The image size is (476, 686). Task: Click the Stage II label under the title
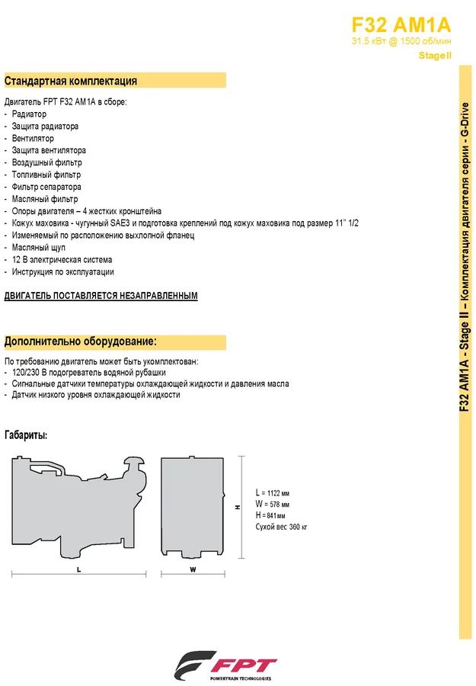click(436, 56)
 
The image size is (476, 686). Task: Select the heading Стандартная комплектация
click(71, 81)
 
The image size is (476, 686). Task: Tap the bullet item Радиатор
click(29, 114)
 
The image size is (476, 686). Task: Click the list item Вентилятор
click(34, 138)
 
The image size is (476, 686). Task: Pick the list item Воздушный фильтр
click(47, 162)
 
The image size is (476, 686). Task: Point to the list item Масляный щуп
click(40, 248)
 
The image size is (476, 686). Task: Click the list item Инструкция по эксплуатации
click(63, 272)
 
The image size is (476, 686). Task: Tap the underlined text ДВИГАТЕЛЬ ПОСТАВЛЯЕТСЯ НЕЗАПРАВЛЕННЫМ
click(101, 296)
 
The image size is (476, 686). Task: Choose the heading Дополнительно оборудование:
click(81, 341)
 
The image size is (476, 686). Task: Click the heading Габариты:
click(26, 435)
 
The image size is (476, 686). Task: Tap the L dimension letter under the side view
click(79, 569)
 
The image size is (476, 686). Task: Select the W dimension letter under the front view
click(193, 569)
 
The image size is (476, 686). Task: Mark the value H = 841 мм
click(271, 515)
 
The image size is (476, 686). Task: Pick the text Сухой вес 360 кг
click(281, 527)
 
